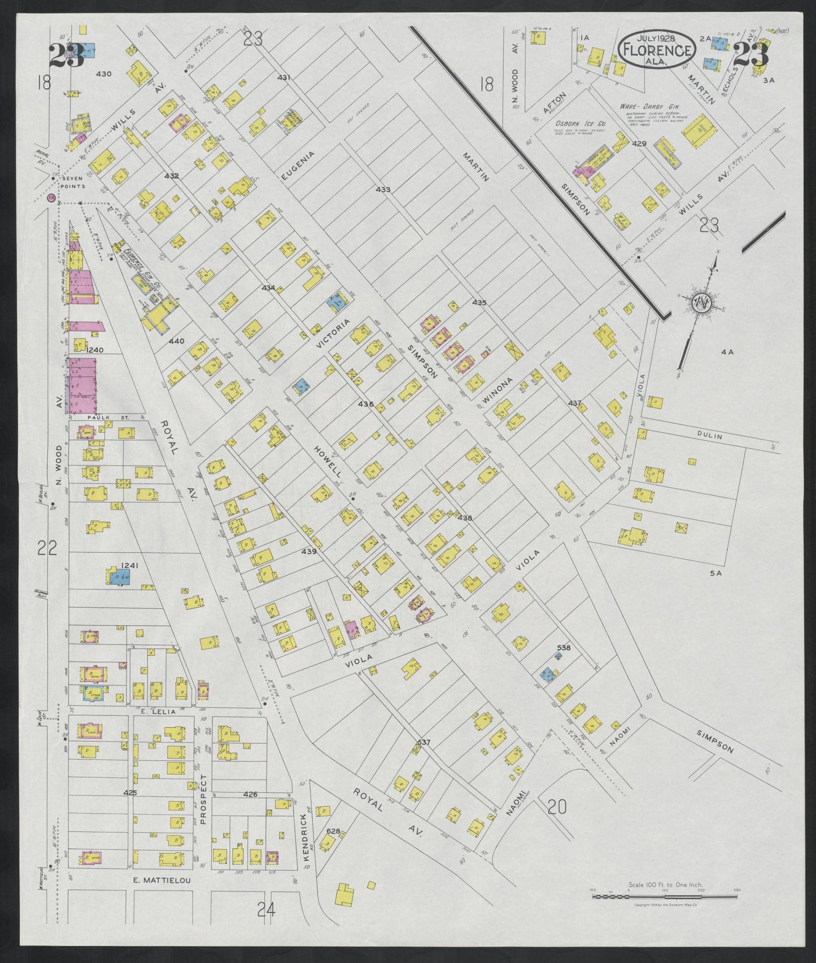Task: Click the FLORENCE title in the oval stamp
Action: (657, 50)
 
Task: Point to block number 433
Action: (383, 190)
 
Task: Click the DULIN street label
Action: (710, 436)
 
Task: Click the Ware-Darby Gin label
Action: (649, 106)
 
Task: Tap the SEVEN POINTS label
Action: (73, 182)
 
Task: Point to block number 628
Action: (333, 831)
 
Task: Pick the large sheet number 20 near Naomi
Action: (557, 807)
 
